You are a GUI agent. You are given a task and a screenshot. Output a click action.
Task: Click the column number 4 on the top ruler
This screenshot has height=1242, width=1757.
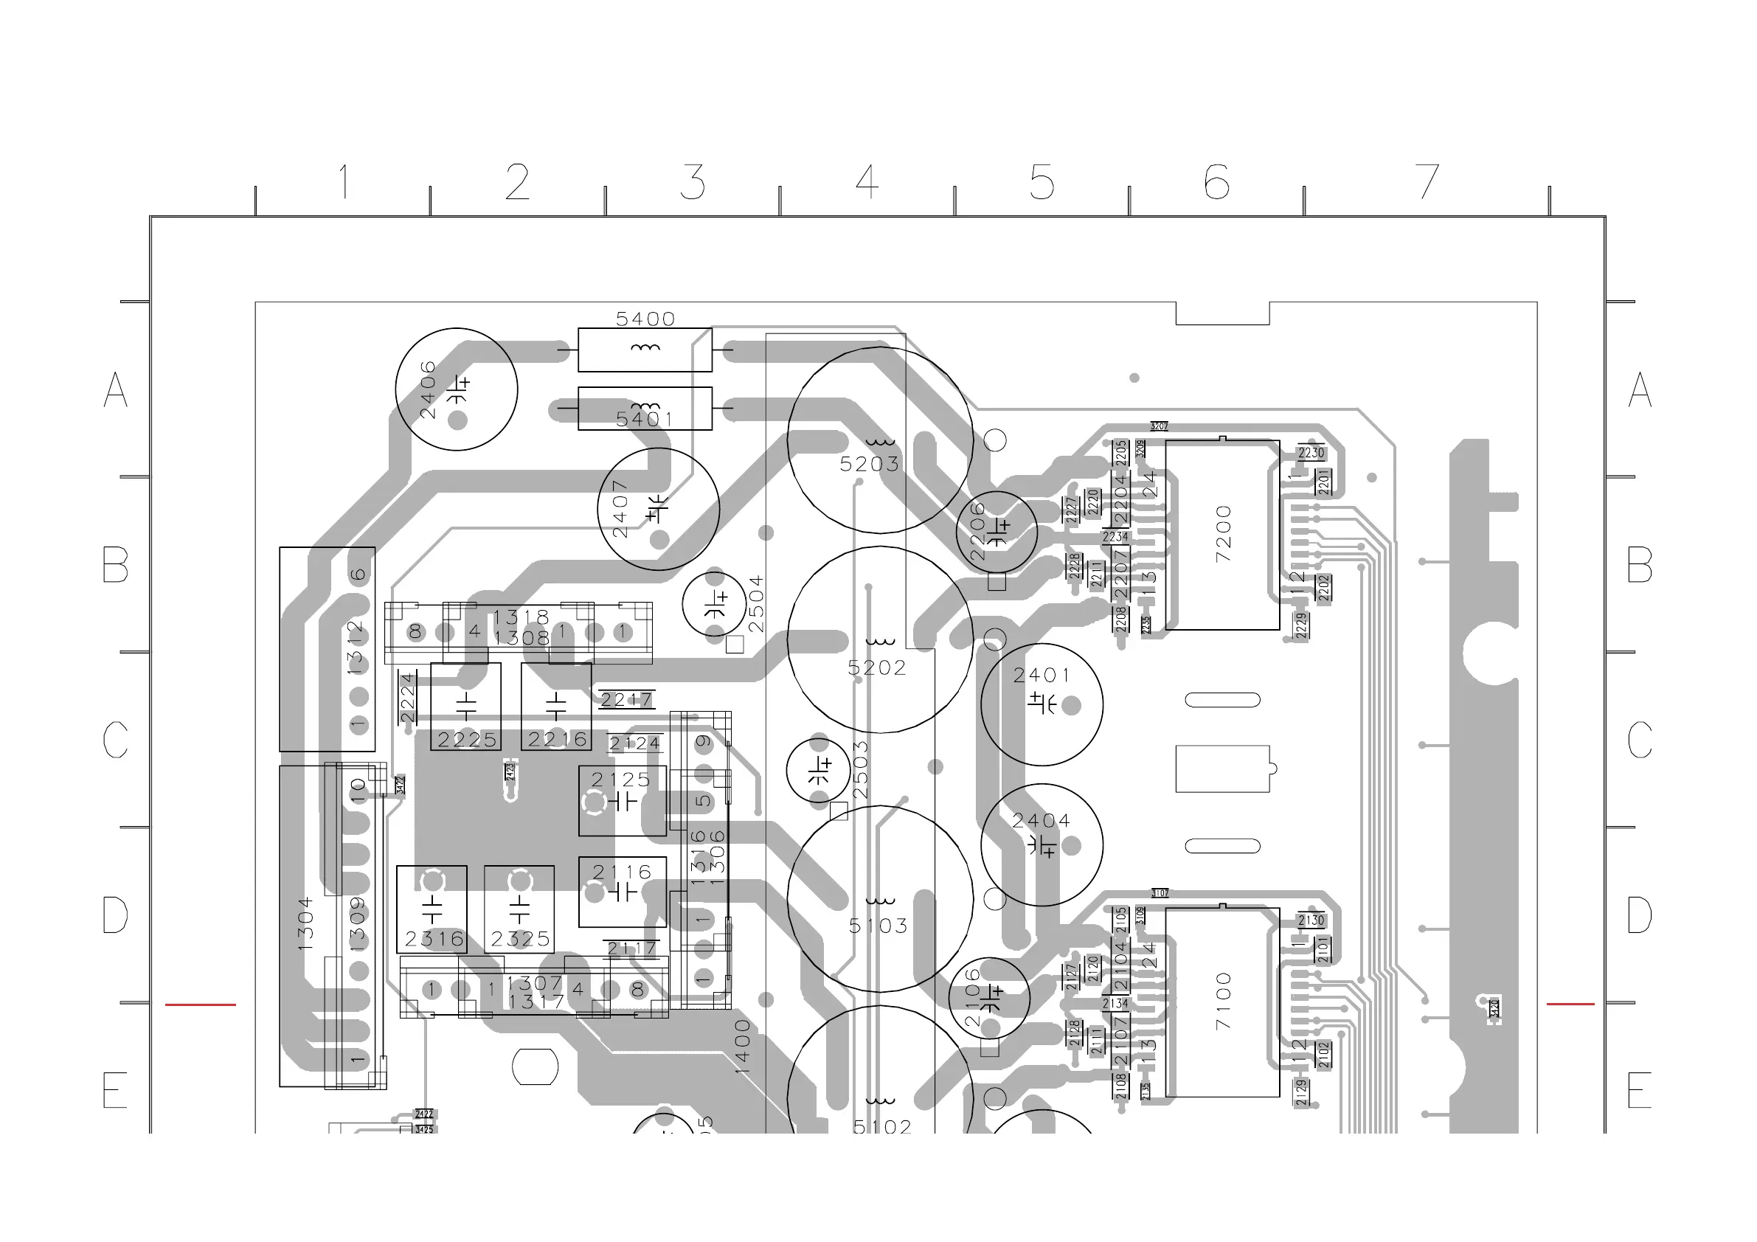[x=867, y=182]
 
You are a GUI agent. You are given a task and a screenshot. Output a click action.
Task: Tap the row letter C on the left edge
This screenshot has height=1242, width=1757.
[x=116, y=739]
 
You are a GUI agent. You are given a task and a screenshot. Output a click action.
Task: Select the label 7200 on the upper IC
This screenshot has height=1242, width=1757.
[x=1224, y=533]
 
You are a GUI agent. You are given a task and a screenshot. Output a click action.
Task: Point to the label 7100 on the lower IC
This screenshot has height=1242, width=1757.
[x=1224, y=1000]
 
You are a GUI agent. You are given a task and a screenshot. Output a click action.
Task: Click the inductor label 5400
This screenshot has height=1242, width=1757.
[x=645, y=319]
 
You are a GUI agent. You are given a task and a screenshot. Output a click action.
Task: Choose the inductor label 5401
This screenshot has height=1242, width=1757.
[x=645, y=419]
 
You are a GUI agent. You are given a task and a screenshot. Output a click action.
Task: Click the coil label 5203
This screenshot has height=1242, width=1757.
[x=870, y=464]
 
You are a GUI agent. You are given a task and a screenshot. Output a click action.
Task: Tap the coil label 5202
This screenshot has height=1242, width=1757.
[x=877, y=668]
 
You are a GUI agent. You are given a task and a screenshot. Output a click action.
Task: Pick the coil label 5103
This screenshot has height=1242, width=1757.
[x=878, y=926]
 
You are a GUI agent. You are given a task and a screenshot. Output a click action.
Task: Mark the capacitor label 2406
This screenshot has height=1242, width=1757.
[x=428, y=389]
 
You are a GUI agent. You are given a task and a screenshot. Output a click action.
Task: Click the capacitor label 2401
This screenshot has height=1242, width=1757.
[x=1042, y=675]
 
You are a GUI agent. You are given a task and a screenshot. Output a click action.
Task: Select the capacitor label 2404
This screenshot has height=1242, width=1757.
[x=1041, y=821]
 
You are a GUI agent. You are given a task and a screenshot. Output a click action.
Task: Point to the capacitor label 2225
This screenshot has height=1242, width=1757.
[x=467, y=740]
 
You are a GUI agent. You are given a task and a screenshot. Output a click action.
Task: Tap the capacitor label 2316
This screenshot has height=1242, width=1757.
[x=434, y=939]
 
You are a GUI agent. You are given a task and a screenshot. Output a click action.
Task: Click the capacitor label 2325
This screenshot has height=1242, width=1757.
[x=520, y=939]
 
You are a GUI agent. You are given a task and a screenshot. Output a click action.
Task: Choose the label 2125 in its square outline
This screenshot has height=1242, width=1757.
[x=620, y=780]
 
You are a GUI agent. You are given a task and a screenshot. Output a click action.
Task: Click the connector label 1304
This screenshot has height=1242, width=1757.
[x=305, y=923]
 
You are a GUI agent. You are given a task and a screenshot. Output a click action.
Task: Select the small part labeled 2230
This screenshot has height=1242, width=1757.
[x=1311, y=453]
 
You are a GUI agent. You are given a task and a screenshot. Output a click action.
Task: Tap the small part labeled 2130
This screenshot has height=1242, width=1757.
[x=1311, y=920]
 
